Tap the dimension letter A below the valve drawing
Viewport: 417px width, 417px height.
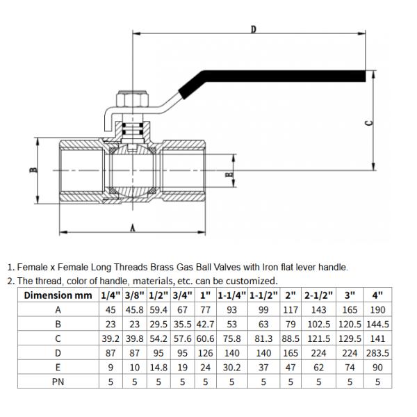tap(132, 227)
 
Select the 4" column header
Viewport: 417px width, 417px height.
tap(377, 295)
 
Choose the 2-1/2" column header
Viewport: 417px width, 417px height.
tap(318, 295)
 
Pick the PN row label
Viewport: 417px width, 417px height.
tap(58, 381)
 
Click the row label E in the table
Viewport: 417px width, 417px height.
tap(58, 366)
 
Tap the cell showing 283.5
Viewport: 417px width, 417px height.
tap(377, 352)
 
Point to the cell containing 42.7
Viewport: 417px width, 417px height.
tap(205, 324)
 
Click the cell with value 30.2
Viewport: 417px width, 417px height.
tap(231, 366)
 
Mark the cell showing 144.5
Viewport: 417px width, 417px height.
tap(377, 324)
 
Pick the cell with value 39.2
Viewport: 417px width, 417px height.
tap(111, 338)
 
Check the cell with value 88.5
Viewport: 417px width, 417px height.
tap(290, 338)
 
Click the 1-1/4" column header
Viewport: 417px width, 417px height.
tap(231, 295)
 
